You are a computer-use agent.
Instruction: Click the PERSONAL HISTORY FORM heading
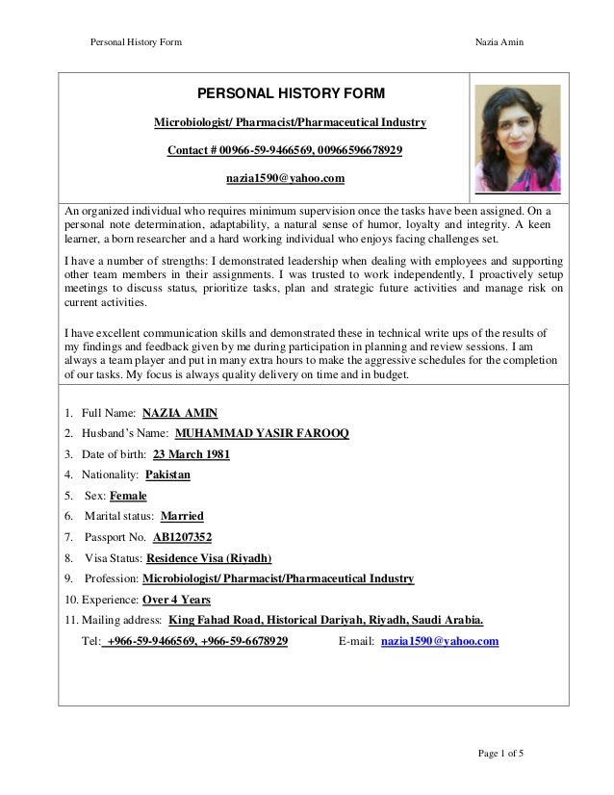[x=291, y=93]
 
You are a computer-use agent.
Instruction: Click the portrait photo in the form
[x=517, y=138]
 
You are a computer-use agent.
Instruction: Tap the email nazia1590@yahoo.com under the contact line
[x=285, y=178]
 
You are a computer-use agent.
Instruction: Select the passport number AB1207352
[x=182, y=537]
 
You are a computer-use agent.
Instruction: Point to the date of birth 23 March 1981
[x=192, y=454]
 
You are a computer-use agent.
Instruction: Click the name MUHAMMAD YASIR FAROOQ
[x=263, y=433]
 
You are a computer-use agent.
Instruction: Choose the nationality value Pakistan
[x=167, y=474]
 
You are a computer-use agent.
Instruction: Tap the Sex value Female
[x=128, y=496]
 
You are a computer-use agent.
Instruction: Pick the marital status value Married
[x=182, y=516]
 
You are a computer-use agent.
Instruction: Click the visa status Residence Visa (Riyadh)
[x=209, y=557]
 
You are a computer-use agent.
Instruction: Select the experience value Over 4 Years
[x=176, y=599]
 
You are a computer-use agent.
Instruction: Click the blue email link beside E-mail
[x=440, y=640]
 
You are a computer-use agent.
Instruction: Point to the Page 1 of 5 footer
[x=499, y=753]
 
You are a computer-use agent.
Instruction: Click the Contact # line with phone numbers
[x=285, y=151]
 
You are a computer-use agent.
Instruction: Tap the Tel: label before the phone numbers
[x=93, y=640]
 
